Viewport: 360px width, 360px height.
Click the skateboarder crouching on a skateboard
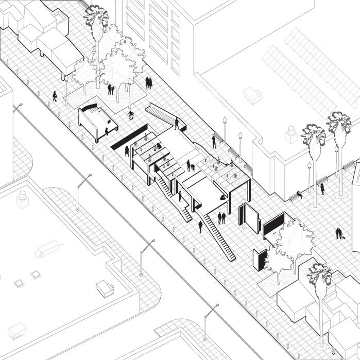point(131,115)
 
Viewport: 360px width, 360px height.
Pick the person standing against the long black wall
point(127,151)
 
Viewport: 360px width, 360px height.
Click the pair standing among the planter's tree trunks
point(111,90)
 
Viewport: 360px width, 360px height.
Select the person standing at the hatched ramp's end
point(176,124)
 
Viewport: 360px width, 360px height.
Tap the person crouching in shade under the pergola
point(223,196)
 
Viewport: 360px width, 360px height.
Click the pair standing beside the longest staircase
point(221,217)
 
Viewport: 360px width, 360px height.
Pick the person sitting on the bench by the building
point(299,195)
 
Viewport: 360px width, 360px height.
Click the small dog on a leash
point(341,237)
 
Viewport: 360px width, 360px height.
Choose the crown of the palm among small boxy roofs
point(319,274)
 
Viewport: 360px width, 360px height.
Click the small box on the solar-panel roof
point(252,94)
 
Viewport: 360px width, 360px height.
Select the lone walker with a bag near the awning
point(55,96)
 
